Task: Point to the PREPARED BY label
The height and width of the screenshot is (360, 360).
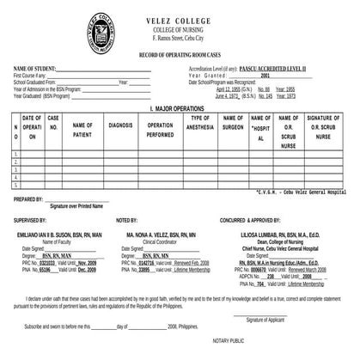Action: (x=29, y=199)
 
